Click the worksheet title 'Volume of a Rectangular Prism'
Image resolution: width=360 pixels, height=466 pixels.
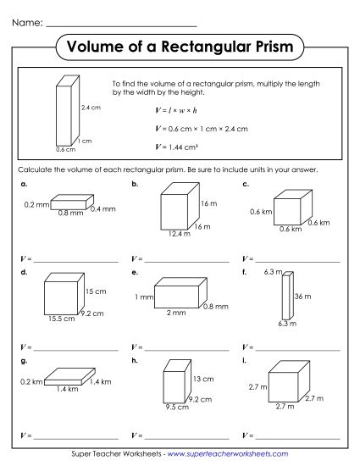tap(180, 47)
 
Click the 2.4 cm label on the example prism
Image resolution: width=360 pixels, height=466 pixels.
tap(91, 108)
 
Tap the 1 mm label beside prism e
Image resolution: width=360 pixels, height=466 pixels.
tap(142, 297)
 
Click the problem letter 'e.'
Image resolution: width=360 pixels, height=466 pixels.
tap(135, 272)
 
